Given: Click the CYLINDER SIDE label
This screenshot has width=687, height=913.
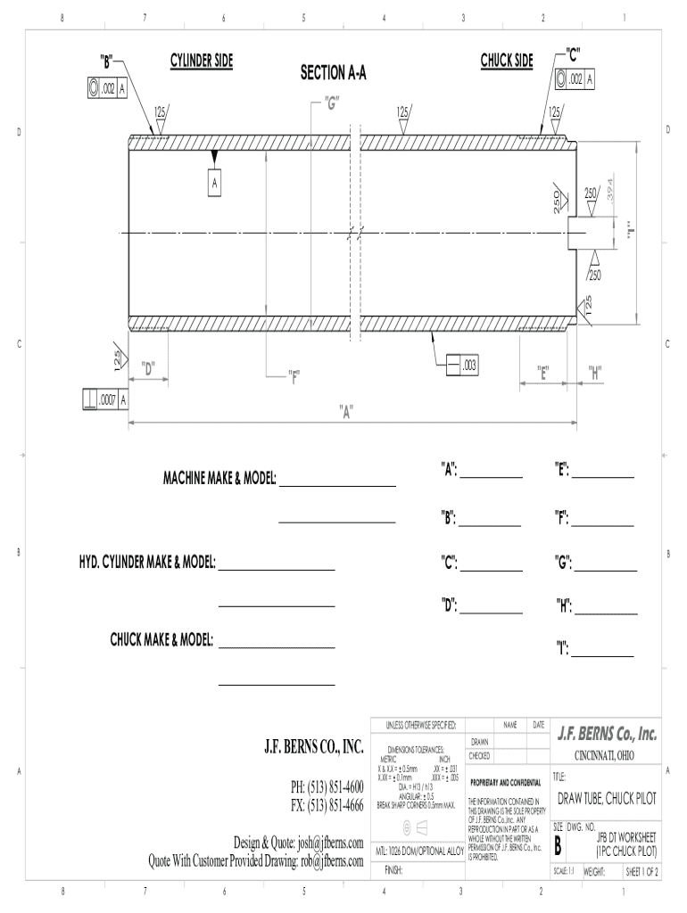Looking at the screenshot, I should (201, 61).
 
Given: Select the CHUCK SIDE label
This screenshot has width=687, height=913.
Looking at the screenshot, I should (507, 61).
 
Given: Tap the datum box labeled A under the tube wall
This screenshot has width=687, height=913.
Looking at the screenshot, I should (214, 184).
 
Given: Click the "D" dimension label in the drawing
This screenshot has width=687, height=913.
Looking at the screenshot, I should (148, 366).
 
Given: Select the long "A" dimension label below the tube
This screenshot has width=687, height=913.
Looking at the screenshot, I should (346, 411).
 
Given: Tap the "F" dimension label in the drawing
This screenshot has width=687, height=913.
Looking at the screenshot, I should (294, 374).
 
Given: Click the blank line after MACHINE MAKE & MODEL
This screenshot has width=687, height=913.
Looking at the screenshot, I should (338, 485).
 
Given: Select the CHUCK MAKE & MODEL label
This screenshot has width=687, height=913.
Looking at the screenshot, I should (161, 640).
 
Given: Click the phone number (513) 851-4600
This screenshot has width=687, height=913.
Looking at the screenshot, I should (327, 788).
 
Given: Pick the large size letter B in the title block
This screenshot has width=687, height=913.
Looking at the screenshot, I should (559, 845).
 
